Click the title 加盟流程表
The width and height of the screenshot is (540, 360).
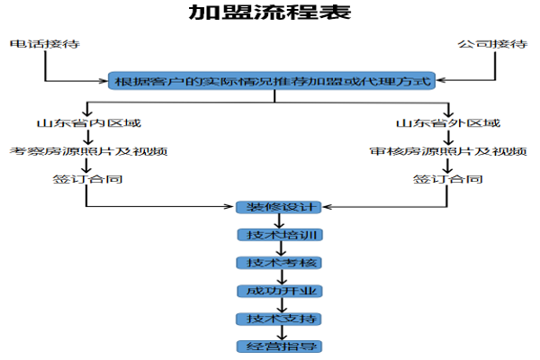point(270,13)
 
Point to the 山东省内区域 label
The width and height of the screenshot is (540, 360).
point(87,122)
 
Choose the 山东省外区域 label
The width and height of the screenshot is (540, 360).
point(447,122)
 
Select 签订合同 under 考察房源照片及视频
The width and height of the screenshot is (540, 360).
point(87,179)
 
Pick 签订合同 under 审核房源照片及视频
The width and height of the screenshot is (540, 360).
point(447,179)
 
